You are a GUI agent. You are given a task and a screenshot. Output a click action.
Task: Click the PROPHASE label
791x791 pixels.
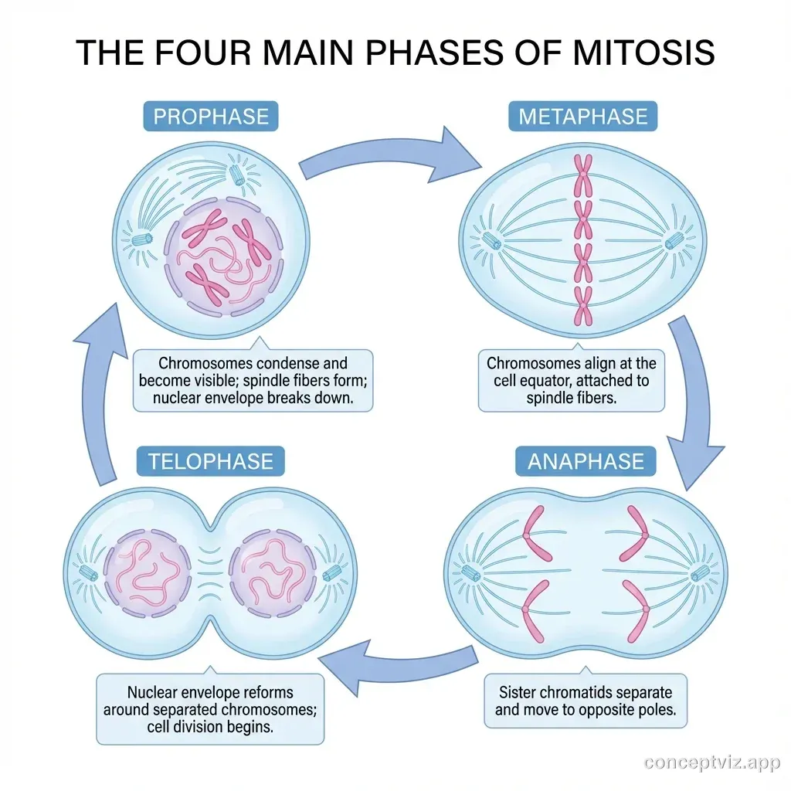(x=211, y=117)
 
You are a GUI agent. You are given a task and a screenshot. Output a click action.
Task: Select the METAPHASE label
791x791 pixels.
(x=582, y=117)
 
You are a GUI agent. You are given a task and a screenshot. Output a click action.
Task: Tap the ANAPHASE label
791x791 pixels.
(x=585, y=461)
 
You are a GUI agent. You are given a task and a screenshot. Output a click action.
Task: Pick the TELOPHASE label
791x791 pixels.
(x=210, y=461)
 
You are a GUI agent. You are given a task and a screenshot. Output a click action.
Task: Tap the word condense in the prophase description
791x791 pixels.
(x=302, y=362)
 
